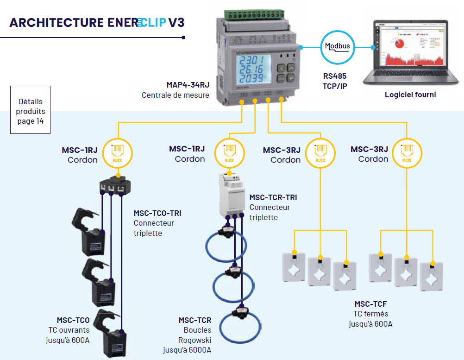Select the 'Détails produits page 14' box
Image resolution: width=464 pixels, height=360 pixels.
[30, 110]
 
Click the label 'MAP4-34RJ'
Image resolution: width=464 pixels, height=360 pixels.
[188, 85]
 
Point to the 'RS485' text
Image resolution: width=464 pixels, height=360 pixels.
[334, 76]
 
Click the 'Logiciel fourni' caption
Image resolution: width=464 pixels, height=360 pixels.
[410, 95]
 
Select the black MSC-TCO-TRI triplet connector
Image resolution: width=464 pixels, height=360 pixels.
[116, 184]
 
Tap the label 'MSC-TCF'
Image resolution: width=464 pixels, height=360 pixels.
[370, 304]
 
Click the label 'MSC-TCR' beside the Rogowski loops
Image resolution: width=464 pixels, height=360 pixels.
[194, 320]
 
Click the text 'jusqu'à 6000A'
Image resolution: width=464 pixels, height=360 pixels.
[187, 350]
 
